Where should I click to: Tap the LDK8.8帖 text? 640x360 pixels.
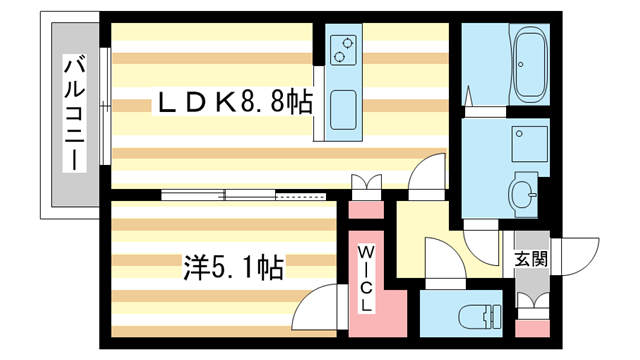pos(232,101)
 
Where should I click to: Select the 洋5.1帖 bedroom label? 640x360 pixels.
pos(232,267)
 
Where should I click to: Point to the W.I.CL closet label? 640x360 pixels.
pos(367,276)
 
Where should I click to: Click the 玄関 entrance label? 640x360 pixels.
pos(530,259)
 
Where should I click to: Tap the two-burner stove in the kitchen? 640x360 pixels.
pos(344,49)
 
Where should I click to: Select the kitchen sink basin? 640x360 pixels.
pos(344,108)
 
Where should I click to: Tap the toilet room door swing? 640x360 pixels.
pos(440,258)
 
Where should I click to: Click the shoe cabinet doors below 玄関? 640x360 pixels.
pos(529,301)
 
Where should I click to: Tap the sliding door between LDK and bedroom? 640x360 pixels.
pos(245,195)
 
